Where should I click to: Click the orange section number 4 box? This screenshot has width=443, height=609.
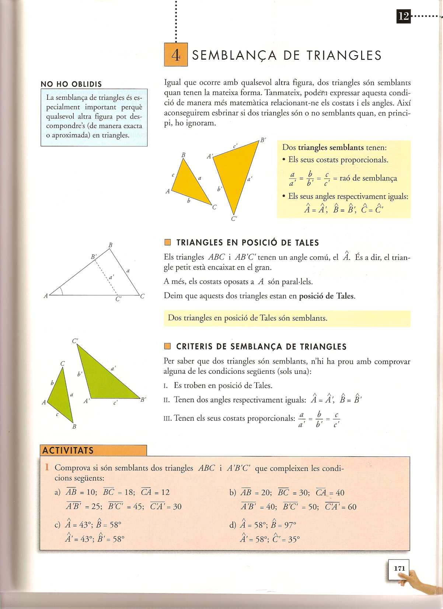tap(176, 54)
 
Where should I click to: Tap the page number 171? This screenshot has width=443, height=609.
tap(399, 568)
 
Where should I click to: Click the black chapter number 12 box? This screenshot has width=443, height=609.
tap(404, 16)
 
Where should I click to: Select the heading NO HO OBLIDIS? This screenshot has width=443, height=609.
tap(71, 84)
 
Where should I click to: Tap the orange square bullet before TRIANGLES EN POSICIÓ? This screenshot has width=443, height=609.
tap(168, 242)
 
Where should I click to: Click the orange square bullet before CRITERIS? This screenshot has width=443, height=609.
tap(168, 346)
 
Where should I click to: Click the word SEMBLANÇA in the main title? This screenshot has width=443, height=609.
tap(234, 55)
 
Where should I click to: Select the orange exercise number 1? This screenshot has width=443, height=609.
tap(47, 467)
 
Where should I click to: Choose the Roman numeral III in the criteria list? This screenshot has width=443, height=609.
tap(167, 418)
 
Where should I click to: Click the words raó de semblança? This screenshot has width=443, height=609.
tap(368, 178)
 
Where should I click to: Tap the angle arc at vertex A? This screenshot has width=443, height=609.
tap(62, 291)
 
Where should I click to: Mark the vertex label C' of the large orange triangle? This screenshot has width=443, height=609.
tap(234, 219)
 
